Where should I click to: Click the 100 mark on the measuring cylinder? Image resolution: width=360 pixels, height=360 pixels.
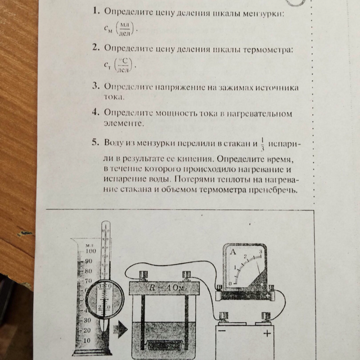point(91,251)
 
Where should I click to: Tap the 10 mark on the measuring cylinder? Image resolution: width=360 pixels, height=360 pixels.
point(87,340)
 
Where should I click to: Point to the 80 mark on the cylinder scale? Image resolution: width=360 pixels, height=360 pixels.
point(88,271)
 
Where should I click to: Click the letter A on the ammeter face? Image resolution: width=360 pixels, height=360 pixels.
point(233,252)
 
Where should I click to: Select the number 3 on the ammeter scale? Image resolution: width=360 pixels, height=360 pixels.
point(260,251)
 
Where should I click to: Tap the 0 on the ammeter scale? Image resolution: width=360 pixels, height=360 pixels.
point(230,283)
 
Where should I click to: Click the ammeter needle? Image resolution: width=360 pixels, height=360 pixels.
point(259,268)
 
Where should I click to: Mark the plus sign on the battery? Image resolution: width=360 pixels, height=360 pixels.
point(267,333)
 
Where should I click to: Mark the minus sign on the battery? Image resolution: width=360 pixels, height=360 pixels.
point(222,331)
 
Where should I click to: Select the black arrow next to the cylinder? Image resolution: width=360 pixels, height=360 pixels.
point(120,330)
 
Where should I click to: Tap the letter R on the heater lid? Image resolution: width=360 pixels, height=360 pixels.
point(152,288)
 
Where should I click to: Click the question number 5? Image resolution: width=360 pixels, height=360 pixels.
point(95,142)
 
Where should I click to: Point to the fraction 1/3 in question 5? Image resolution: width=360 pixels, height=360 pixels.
point(263,144)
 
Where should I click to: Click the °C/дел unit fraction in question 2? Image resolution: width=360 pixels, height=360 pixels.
point(123,65)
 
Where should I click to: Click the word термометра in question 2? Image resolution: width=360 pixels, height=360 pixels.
point(268,49)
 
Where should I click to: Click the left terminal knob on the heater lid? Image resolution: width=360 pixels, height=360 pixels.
point(143,275)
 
